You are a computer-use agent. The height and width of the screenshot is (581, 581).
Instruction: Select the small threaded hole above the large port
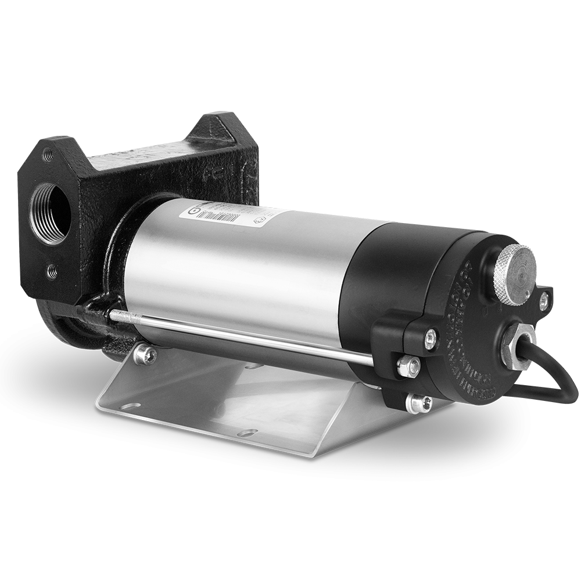pyautogui.click(x=48, y=155)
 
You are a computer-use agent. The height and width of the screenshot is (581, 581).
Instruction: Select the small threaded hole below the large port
pyautogui.click(x=52, y=271)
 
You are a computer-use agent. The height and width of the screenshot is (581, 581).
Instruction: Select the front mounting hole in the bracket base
pyautogui.click(x=248, y=433)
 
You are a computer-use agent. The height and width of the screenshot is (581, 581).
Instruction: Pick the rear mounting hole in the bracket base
pyautogui.click(x=253, y=367)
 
